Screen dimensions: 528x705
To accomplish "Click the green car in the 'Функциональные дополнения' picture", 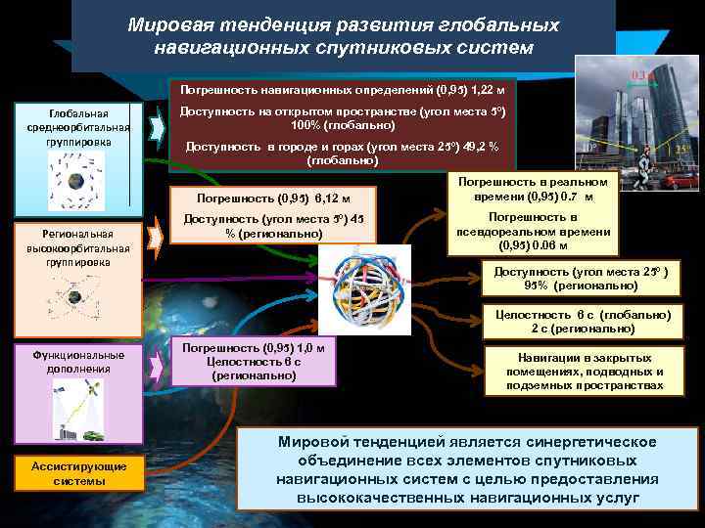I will point(92,435).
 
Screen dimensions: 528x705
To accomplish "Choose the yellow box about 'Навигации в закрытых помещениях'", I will point(584,372).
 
